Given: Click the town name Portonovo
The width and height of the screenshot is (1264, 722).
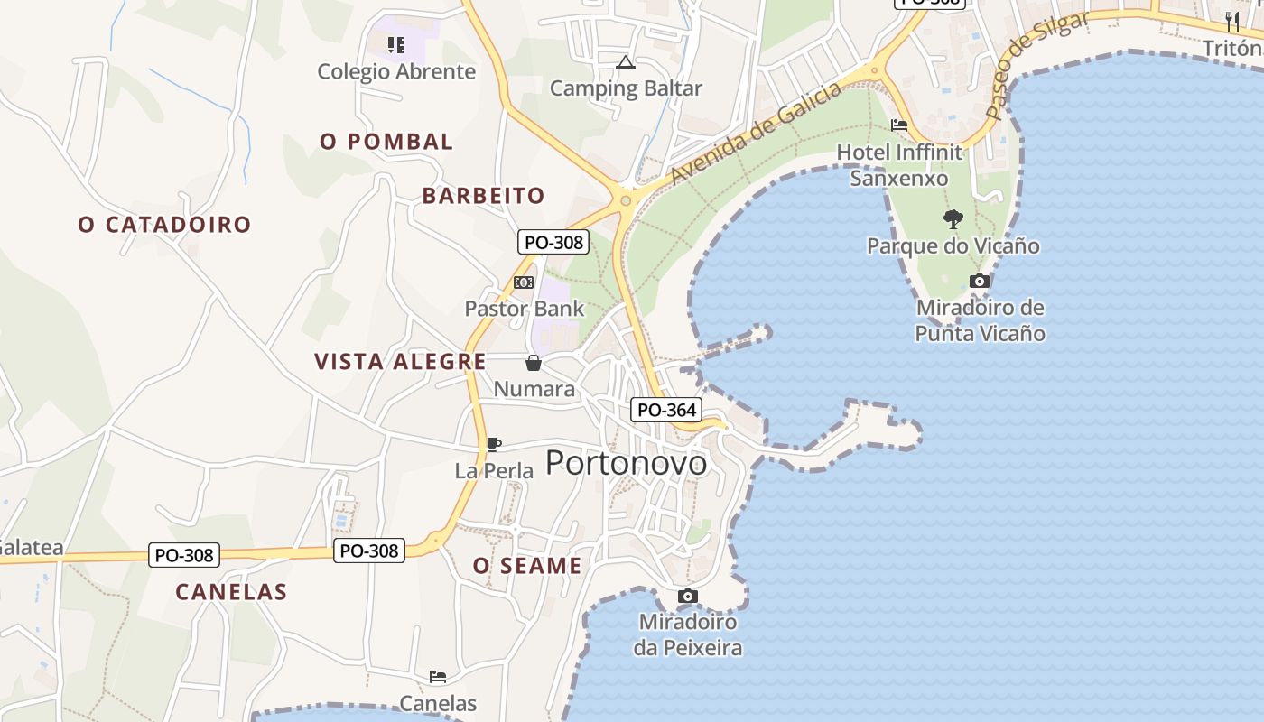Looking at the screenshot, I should (x=627, y=463).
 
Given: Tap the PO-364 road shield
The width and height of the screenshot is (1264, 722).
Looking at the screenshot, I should (x=666, y=411).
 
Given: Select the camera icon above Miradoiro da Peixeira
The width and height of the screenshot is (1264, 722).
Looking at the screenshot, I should (x=688, y=597).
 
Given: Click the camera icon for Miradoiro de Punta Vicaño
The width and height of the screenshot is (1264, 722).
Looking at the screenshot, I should (x=980, y=282).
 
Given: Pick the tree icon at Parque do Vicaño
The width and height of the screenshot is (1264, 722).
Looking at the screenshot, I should (x=953, y=218).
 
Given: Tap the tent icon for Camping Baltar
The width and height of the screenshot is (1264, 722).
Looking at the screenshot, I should (x=625, y=63).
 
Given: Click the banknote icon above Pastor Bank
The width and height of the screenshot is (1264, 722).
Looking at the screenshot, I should (x=524, y=282).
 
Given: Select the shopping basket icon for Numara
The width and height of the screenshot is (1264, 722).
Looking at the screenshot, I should (x=534, y=363).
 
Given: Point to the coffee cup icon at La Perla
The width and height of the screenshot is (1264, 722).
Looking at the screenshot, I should (x=493, y=444).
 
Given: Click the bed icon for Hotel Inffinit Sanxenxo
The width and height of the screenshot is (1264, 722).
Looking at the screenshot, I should (x=898, y=125).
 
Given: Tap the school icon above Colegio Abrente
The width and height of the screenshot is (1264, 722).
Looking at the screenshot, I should (x=395, y=44).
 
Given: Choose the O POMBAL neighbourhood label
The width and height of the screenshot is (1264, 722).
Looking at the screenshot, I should (x=386, y=142).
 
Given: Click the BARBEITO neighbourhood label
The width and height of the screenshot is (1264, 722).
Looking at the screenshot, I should (x=484, y=196).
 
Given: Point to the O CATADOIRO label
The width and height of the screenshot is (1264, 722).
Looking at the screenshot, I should (x=164, y=225).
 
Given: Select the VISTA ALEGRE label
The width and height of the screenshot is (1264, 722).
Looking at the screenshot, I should (x=400, y=362).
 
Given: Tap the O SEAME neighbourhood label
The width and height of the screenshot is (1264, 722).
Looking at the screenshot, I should (x=527, y=566).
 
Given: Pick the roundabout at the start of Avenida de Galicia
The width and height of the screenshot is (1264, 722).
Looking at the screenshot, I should (x=625, y=200).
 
